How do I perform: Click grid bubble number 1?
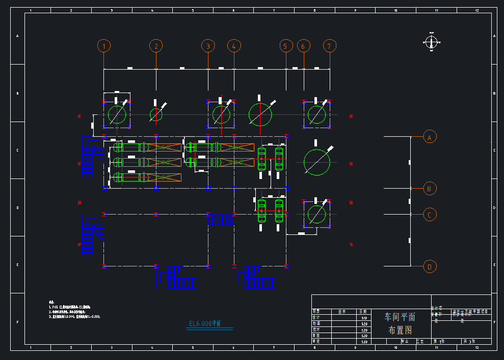tap(104, 46)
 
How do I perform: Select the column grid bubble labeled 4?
tap(233, 46)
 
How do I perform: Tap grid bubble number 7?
tap(330, 46)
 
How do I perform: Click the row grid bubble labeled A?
tap(430, 137)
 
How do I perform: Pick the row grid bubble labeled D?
tap(430, 266)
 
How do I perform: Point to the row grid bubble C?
tap(430, 215)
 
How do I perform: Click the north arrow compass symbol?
tap(432, 43)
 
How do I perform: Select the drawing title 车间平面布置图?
tap(400, 323)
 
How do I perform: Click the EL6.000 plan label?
tap(205, 324)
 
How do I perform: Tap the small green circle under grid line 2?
tap(156, 114)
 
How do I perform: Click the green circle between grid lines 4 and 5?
tap(260, 114)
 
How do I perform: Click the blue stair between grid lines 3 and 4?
tap(221, 220)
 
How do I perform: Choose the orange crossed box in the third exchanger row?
tap(165, 177)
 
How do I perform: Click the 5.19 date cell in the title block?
tap(364, 318)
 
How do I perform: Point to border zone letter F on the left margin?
tap(17, 322)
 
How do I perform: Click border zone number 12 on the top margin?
tap(476, 10)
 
